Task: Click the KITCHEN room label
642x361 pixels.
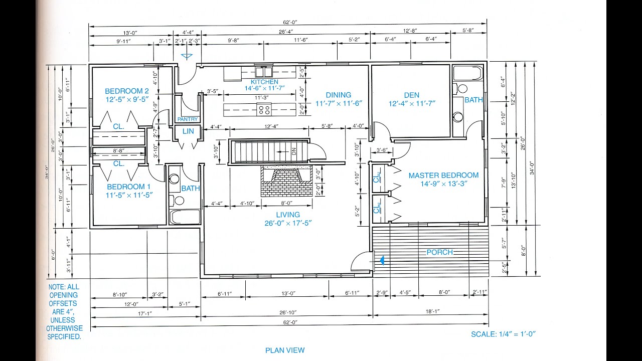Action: pyautogui.click(x=264, y=82)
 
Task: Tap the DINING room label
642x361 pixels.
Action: pyautogui.click(x=339, y=95)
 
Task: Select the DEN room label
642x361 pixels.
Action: pyautogui.click(x=411, y=95)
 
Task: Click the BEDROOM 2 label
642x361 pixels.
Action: pyautogui.click(x=127, y=91)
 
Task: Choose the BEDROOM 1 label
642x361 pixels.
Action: pyautogui.click(x=128, y=187)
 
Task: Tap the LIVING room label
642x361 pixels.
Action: pyautogui.click(x=287, y=215)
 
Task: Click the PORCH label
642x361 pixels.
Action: pyautogui.click(x=439, y=252)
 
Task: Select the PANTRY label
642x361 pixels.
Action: pyautogui.click(x=188, y=119)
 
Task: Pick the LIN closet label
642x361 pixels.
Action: pyautogui.click(x=188, y=131)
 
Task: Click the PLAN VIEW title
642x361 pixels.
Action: pyautogui.click(x=284, y=350)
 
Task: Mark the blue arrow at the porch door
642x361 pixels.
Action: pyautogui.click(x=383, y=260)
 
